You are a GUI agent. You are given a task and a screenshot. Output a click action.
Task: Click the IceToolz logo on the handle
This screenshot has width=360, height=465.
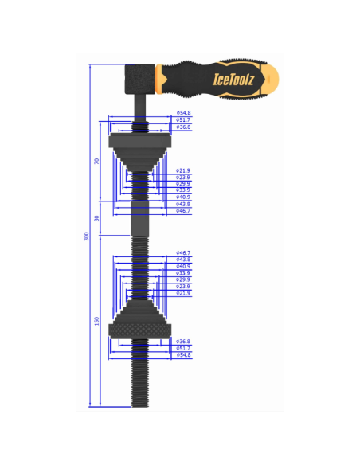[x=228, y=78]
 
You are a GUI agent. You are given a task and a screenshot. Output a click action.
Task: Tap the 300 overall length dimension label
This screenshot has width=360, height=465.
[x=87, y=236]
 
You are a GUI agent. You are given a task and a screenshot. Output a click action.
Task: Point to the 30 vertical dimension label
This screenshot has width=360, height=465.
[x=96, y=218]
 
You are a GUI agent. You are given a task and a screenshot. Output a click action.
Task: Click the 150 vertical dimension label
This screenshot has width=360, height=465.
[x=96, y=321]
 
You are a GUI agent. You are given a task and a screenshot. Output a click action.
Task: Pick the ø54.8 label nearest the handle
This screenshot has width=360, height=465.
[x=183, y=113]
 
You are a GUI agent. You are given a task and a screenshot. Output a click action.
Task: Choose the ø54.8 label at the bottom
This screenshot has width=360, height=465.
[x=183, y=354]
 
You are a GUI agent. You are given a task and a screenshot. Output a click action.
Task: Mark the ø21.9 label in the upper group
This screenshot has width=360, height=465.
[x=183, y=170]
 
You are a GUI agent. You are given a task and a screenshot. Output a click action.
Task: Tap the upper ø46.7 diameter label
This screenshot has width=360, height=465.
[x=183, y=211]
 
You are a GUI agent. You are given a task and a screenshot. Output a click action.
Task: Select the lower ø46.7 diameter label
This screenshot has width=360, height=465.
[x=183, y=252]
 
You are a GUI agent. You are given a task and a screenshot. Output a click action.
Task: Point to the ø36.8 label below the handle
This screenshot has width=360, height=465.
[x=183, y=127]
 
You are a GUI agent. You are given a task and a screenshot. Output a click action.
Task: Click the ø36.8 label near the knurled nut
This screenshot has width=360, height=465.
[x=183, y=341]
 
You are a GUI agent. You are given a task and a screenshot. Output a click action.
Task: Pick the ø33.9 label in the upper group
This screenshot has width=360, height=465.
[x=183, y=190]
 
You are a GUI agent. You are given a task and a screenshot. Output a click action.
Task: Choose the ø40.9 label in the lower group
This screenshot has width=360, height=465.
[x=183, y=266]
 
